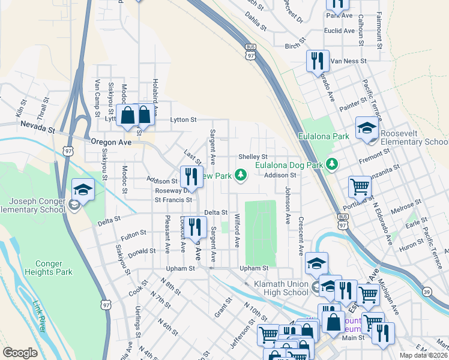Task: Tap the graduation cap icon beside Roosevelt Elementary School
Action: pyautogui.click(x=367, y=128)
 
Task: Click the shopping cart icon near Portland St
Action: pyautogui.click(x=360, y=187)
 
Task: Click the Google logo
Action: pyautogui.click(x=20, y=353)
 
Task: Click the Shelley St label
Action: pyautogui.click(x=252, y=156)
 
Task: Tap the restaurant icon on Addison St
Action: pyautogui.click(x=191, y=177)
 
